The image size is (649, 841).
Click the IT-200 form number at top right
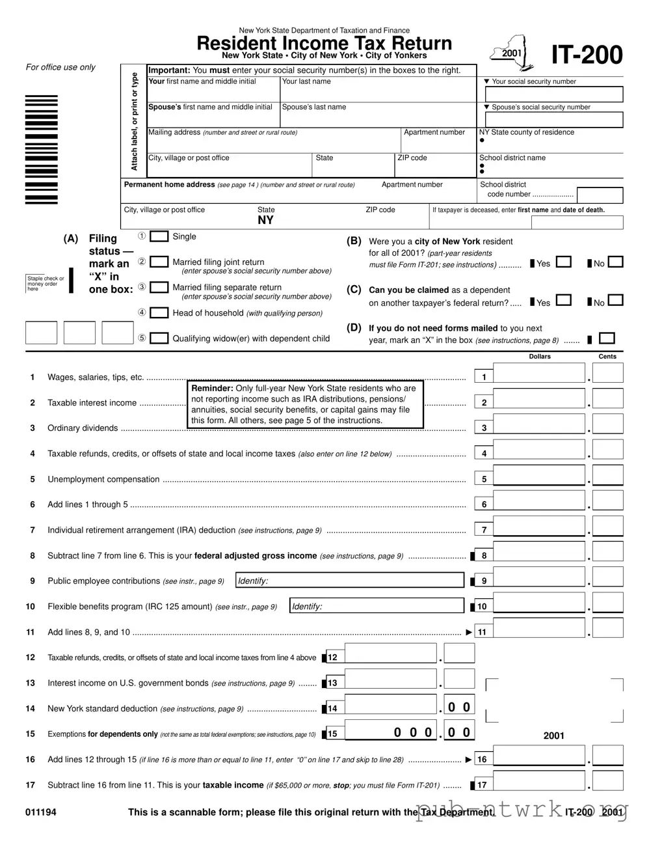(587, 55)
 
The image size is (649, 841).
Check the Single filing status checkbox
(159, 236)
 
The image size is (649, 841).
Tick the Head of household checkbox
(159, 312)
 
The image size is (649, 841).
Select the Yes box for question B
(564, 262)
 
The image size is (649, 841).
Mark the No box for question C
(615, 301)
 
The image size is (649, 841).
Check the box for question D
(607, 338)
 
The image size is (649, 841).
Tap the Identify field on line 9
(349, 581)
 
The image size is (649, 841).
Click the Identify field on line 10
(377, 606)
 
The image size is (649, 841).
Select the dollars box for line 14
(391, 706)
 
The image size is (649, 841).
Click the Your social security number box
(554, 94)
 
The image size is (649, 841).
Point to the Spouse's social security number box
(554, 120)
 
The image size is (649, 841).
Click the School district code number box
(600, 195)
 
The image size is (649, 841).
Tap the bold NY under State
(265, 220)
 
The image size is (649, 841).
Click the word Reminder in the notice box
(212, 388)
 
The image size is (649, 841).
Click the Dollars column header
(540, 357)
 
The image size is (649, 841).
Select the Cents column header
(607, 357)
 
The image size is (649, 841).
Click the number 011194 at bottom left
(41, 812)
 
